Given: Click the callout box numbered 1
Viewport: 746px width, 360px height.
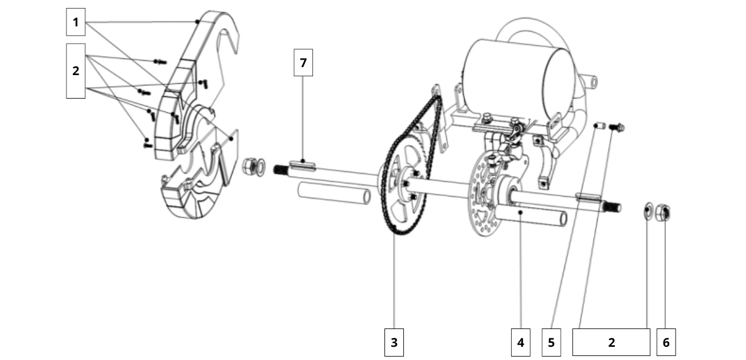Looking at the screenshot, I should (76, 23).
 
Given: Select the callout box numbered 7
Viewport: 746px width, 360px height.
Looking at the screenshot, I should (303, 62).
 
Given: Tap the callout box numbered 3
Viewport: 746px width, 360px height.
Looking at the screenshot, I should (394, 342).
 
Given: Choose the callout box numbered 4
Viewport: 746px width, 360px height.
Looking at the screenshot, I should (520, 342).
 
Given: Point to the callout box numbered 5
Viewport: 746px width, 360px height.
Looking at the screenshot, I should (551, 342).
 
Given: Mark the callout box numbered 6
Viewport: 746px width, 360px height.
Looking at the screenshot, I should (666, 342).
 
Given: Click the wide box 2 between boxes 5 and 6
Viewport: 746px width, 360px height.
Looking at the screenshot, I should (611, 342).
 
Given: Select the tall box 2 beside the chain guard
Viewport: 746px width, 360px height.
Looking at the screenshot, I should (76, 71).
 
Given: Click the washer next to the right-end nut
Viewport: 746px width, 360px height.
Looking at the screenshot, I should (649, 210).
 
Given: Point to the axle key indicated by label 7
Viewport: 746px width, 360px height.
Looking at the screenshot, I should (303, 165).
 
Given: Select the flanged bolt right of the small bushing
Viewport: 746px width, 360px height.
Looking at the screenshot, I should (619, 126).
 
